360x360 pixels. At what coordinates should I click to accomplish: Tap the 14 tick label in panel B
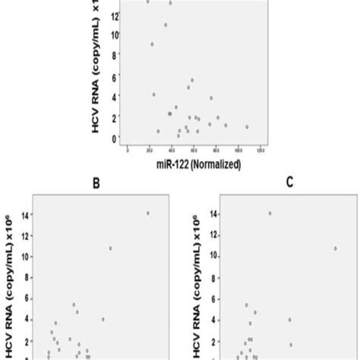pyautogui.click(x=27, y=215)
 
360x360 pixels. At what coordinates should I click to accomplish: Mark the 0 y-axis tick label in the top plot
pyautogui.click(x=115, y=137)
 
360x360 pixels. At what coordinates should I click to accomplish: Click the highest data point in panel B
pyautogui.click(x=147, y=213)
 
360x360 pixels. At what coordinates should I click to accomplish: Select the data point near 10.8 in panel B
pyautogui.click(x=110, y=248)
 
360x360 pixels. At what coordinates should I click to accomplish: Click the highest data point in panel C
pyautogui.click(x=270, y=213)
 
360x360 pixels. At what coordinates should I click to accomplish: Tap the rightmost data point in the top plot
pyautogui.click(x=247, y=127)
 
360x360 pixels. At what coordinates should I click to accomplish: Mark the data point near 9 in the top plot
pyautogui.click(x=151, y=44)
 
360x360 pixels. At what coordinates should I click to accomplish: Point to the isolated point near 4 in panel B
pyautogui.click(x=103, y=319)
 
